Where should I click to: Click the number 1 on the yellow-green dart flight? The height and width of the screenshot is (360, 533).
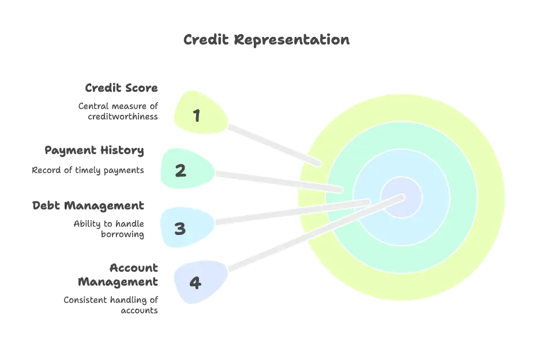[197, 115]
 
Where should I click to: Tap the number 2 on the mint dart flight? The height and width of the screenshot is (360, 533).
[181, 171]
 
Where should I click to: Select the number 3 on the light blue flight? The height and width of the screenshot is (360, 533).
[180, 228]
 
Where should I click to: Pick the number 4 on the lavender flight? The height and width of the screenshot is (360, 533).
[196, 283]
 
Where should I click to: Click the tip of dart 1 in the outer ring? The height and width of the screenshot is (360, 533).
[319, 164]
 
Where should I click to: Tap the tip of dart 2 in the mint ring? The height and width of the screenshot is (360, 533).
[342, 189]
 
